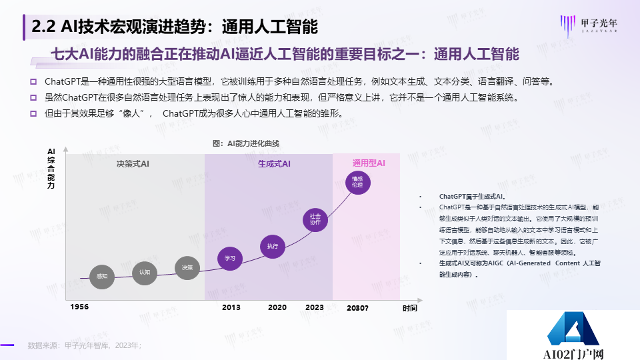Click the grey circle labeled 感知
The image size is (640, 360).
[102, 276]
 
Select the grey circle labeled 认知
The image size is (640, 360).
[145, 272]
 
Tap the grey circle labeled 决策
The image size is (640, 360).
[187, 268]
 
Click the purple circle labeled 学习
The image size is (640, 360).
[230, 258]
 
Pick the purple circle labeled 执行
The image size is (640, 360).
[272, 246]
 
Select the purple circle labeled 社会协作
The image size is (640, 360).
[315, 219]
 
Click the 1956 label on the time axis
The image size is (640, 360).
[79, 307]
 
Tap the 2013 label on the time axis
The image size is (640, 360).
[231, 307]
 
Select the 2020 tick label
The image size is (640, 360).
[277, 307]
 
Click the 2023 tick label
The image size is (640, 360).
[314, 307]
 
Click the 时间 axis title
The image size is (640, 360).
[409, 308]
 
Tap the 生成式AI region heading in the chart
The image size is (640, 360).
[274, 163]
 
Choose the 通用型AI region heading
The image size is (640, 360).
[369, 163]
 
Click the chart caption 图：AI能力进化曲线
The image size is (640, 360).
[245, 143]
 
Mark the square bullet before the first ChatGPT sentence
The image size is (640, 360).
[33, 82]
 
